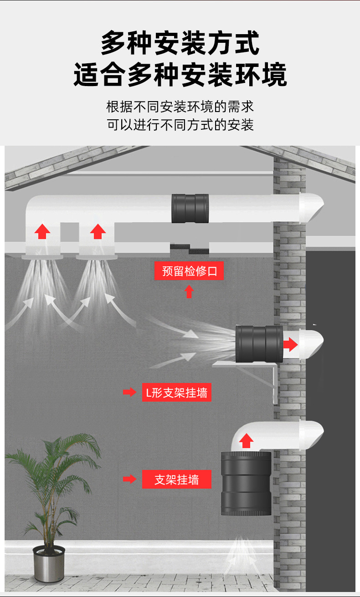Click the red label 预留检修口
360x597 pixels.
click(x=189, y=272)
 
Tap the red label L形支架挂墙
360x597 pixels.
click(x=176, y=392)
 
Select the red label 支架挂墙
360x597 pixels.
click(x=176, y=480)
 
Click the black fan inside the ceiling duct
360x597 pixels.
click(x=190, y=209)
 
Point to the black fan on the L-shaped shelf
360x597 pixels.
click(x=259, y=344)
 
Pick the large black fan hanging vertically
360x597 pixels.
click(x=246, y=484)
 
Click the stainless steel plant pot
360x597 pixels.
click(x=49, y=563)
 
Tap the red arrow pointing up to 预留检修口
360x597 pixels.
click(x=189, y=291)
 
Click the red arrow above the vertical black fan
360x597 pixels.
click(x=247, y=441)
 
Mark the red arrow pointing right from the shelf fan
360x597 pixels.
click(x=290, y=344)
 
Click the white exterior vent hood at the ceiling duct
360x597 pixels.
click(x=311, y=207)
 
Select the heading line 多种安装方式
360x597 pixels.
click(x=180, y=43)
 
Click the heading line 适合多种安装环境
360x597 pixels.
click(x=180, y=75)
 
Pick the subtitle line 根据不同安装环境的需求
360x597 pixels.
click(x=180, y=107)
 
